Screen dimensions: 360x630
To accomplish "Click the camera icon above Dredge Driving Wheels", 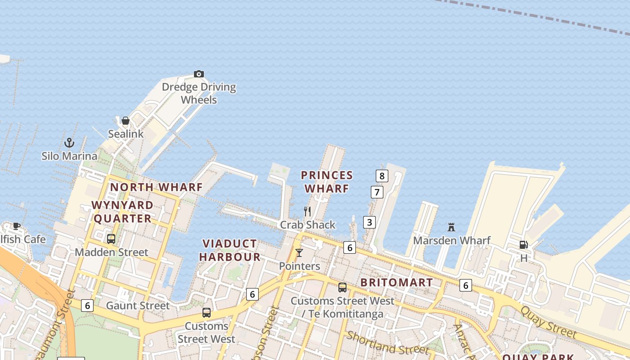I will pyautogui.click(x=199, y=74).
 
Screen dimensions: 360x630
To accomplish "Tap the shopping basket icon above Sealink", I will pyautogui.click(x=126, y=121).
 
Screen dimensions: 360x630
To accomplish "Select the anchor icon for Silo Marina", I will pyautogui.click(x=69, y=143).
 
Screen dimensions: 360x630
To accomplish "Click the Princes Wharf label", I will pyautogui.click(x=327, y=182).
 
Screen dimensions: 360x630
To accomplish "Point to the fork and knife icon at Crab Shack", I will pyautogui.click(x=307, y=211).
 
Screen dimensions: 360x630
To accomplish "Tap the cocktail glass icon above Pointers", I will pyautogui.click(x=299, y=253).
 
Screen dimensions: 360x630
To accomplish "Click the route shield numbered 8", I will pyautogui.click(x=382, y=176).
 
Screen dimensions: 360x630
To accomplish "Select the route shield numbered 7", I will pyautogui.click(x=377, y=192).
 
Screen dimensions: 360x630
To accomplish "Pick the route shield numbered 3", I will pyautogui.click(x=369, y=222).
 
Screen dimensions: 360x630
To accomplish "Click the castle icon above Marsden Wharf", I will pyautogui.click(x=451, y=227).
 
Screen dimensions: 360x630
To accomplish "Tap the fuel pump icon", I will pyautogui.click(x=524, y=245).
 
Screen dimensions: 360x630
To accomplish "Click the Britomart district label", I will pyautogui.click(x=396, y=283).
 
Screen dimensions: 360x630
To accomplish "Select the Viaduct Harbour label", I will pyautogui.click(x=230, y=250).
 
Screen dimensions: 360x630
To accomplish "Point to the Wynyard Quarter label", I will pyautogui.click(x=122, y=211).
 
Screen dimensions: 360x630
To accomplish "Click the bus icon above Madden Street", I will pyautogui.click(x=111, y=239).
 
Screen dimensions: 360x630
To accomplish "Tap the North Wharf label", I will pyautogui.click(x=156, y=187).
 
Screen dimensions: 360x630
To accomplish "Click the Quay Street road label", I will pyautogui.click(x=548, y=322).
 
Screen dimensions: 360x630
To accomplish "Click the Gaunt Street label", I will pyautogui.click(x=138, y=306).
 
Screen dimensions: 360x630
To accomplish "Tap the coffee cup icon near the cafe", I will pyautogui.click(x=17, y=226).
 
